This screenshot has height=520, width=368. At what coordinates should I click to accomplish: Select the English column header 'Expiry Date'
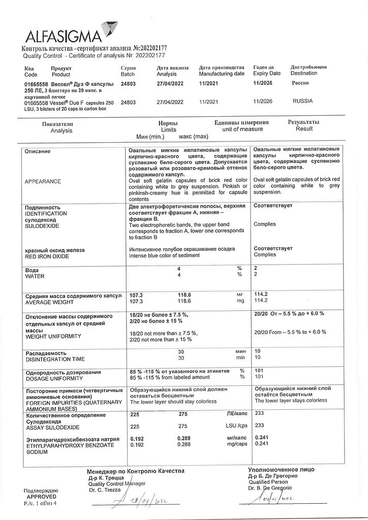click(x=266, y=74)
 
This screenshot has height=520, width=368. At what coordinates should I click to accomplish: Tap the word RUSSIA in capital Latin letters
click(x=302, y=101)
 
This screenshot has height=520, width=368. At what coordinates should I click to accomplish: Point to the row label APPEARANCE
click(x=43, y=181)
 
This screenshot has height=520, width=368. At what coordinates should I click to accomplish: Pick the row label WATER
click(x=35, y=276)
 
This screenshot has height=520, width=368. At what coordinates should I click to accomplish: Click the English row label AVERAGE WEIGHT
click(x=49, y=301)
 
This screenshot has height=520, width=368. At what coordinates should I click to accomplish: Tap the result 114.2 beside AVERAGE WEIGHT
click(x=261, y=301)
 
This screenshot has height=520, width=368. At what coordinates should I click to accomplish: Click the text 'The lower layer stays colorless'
click(x=290, y=401)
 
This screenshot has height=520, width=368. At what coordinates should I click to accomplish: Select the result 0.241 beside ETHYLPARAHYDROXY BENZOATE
click(x=261, y=443)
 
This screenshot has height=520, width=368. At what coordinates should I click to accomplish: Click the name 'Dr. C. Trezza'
click(x=104, y=490)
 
